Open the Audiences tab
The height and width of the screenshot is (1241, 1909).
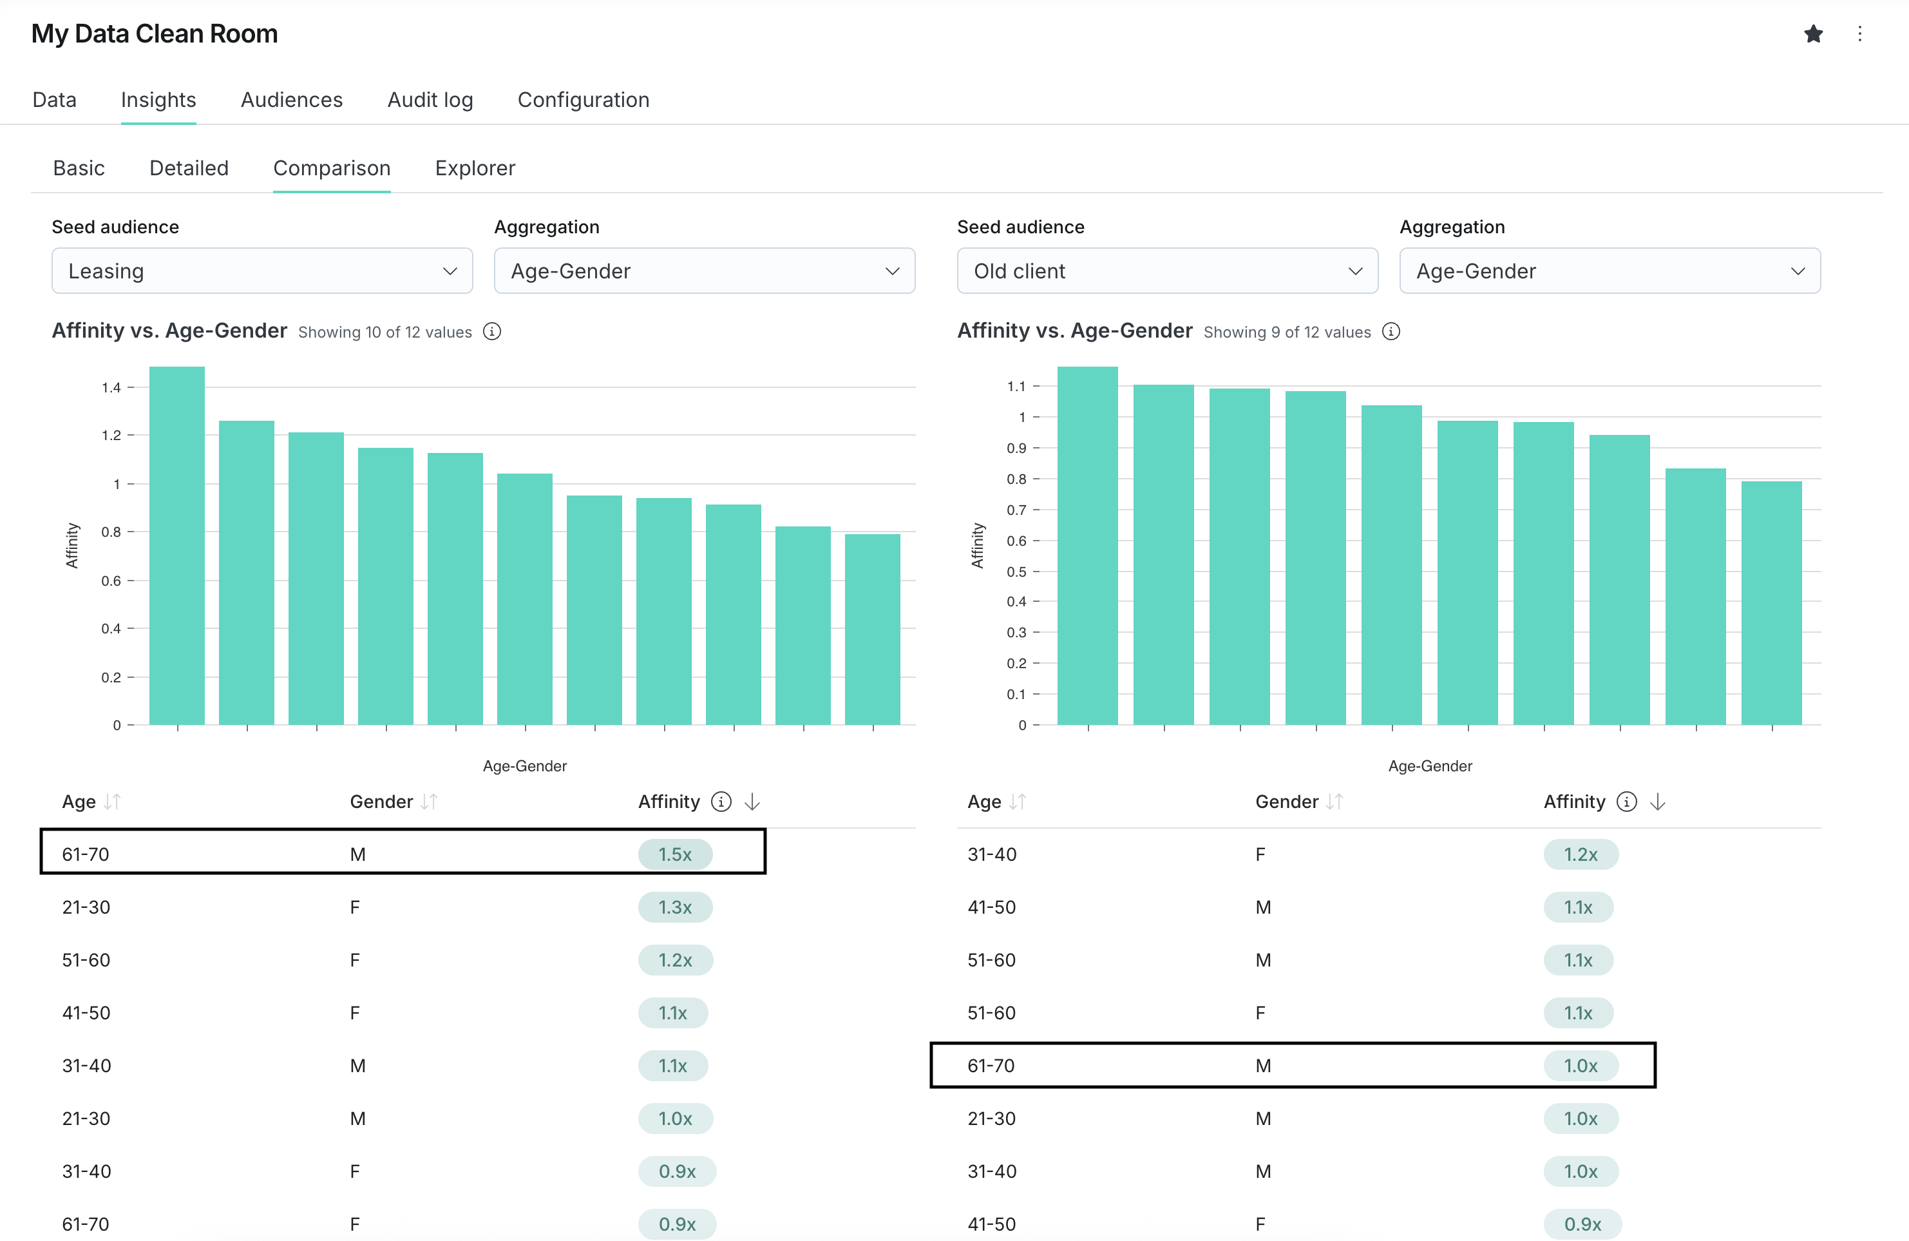291,99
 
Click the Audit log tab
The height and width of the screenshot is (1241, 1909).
430,99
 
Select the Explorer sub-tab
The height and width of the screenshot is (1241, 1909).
475,168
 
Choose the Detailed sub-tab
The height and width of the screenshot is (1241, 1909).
189,168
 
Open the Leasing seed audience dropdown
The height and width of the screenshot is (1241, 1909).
261,271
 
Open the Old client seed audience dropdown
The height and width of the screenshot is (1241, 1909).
1167,271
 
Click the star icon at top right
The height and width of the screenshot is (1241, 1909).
1813,34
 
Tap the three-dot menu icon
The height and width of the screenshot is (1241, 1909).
1859,34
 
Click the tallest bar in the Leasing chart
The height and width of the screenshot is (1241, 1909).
176,546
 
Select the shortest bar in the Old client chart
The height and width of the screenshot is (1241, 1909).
1771,602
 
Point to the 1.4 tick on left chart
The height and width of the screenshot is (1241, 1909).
111,387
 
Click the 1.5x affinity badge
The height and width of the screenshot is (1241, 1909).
674,854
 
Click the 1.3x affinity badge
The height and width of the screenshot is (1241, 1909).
674,907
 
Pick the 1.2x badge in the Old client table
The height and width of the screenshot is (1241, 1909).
1580,854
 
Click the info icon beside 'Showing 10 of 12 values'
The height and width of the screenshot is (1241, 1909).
491,331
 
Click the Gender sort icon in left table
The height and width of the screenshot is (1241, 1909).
429,802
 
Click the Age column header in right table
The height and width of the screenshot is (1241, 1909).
984,802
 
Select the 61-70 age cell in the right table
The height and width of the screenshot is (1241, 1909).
991,1065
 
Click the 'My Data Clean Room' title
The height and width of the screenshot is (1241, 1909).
154,34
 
